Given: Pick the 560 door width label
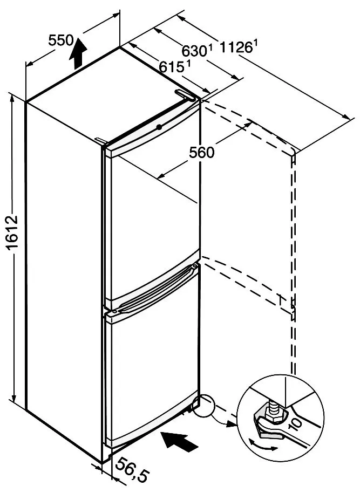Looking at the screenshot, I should (201, 152).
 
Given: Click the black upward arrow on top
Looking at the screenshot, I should (77, 52).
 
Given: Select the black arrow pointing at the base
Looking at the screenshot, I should (180, 442).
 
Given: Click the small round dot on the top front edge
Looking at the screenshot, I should (159, 127).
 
